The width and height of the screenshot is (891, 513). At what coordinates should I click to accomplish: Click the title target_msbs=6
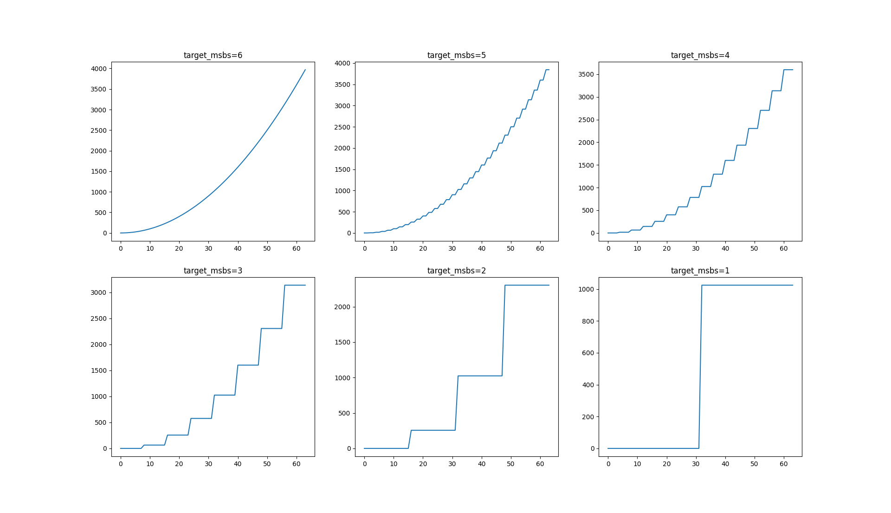tap(213, 55)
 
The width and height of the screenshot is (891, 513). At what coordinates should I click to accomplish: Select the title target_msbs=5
tap(457, 55)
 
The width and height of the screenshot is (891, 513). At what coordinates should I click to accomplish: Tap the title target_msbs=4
tap(700, 55)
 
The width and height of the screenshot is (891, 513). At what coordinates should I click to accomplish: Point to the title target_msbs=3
tap(213, 271)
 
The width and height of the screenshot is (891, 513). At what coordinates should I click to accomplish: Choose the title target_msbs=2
tap(457, 271)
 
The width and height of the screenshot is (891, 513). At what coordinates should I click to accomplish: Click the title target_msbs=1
tap(700, 271)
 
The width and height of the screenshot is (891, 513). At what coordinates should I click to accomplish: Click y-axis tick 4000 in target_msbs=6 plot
tap(98, 69)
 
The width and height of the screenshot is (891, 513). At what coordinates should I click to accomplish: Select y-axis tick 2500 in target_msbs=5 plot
tap(342, 127)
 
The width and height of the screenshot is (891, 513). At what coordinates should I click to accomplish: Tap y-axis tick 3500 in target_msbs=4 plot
tap(586, 75)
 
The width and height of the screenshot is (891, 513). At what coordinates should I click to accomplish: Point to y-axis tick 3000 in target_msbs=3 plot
tap(98, 292)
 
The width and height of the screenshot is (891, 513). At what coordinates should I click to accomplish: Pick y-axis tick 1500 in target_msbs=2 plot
tap(342, 343)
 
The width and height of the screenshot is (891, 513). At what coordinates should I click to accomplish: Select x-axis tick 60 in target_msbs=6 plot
tap(297, 249)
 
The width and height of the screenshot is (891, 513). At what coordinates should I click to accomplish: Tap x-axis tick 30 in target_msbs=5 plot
tap(452, 249)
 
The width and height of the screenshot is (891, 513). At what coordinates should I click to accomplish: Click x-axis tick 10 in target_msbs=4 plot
tap(638, 249)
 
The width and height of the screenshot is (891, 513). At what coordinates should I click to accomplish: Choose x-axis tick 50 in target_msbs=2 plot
tap(511, 464)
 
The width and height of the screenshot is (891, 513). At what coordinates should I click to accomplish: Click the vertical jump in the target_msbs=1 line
tap(700, 367)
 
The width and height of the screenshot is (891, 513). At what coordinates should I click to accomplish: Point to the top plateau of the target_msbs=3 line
tap(295, 285)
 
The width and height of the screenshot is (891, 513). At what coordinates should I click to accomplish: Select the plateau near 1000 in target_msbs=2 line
tap(480, 376)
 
